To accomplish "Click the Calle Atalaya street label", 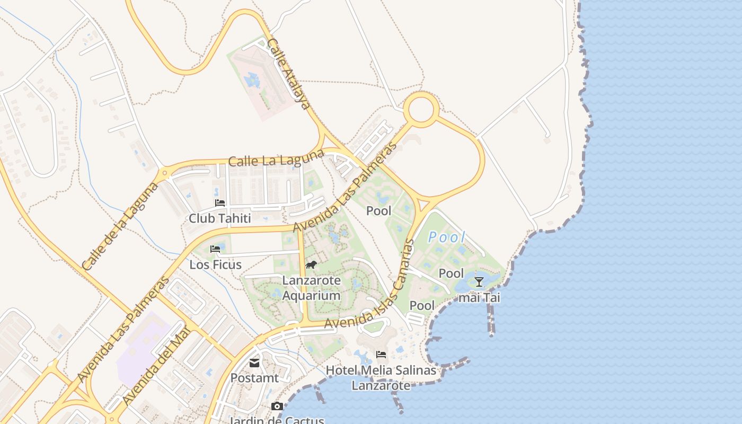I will (289, 74).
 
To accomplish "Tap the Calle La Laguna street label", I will (276, 158).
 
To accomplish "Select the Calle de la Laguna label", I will (120, 226).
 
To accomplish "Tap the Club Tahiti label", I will (219, 218).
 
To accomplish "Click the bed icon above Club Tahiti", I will (220, 203).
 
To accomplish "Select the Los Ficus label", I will (215, 264).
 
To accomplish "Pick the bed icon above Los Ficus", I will (215, 249).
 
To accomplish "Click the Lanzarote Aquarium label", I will (311, 288).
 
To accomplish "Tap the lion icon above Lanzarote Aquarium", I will (311, 264).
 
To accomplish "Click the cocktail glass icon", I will (479, 281).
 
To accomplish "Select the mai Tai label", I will (479, 298).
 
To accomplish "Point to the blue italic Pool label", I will (446, 237).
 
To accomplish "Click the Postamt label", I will (254, 378).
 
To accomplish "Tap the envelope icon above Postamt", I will (254, 363).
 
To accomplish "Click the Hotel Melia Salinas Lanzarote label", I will (381, 377).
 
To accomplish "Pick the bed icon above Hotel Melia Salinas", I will (381, 355).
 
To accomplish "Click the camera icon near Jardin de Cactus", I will (277, 407).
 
